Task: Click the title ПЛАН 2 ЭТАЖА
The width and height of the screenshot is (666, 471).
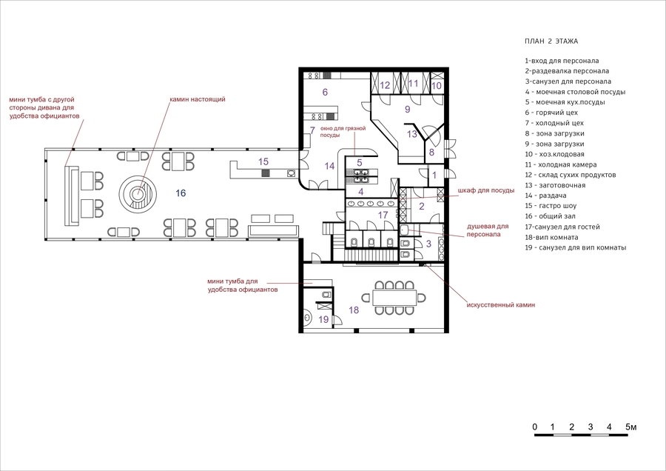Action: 551,41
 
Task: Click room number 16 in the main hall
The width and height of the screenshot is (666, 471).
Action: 181,193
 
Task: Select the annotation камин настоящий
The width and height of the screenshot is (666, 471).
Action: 198,99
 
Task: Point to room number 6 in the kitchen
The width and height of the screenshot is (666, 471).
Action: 325,92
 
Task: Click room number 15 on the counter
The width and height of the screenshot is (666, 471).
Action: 263,161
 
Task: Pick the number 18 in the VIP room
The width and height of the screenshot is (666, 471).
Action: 354,310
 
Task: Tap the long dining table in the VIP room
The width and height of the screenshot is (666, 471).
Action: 394,297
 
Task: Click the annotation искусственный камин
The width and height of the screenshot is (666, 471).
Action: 501,305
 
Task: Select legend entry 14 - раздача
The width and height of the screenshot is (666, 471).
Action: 546,196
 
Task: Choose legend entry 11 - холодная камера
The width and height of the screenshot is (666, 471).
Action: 561,164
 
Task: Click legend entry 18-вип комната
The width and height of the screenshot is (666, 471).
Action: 551,237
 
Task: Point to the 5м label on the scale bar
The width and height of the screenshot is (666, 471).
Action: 630,427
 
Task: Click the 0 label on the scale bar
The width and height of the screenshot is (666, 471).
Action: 535,427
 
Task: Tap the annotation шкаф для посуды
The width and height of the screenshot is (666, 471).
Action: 486,190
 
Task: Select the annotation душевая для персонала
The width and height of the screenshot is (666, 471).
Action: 488,230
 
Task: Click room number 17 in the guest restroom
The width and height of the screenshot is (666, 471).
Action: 383,215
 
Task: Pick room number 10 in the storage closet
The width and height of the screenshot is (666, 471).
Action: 437,85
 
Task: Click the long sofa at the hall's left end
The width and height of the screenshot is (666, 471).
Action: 72,196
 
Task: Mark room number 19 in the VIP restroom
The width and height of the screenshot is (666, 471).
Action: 323,319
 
